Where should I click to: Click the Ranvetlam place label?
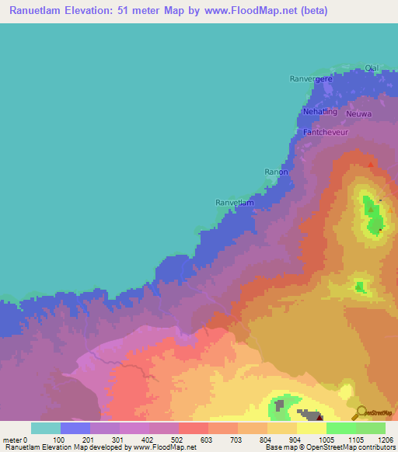point(234,203)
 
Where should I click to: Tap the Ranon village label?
point(277,172)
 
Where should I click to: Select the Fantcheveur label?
point(325,132)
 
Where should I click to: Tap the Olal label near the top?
point(372,68)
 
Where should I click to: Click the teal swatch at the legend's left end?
point(46,428)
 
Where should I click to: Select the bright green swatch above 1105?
point(341,428)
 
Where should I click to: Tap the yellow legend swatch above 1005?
point(312,428)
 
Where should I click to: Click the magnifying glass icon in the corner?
point(358,412)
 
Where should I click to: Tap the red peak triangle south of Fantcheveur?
point(371,164)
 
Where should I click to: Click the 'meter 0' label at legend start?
point(15,439)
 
